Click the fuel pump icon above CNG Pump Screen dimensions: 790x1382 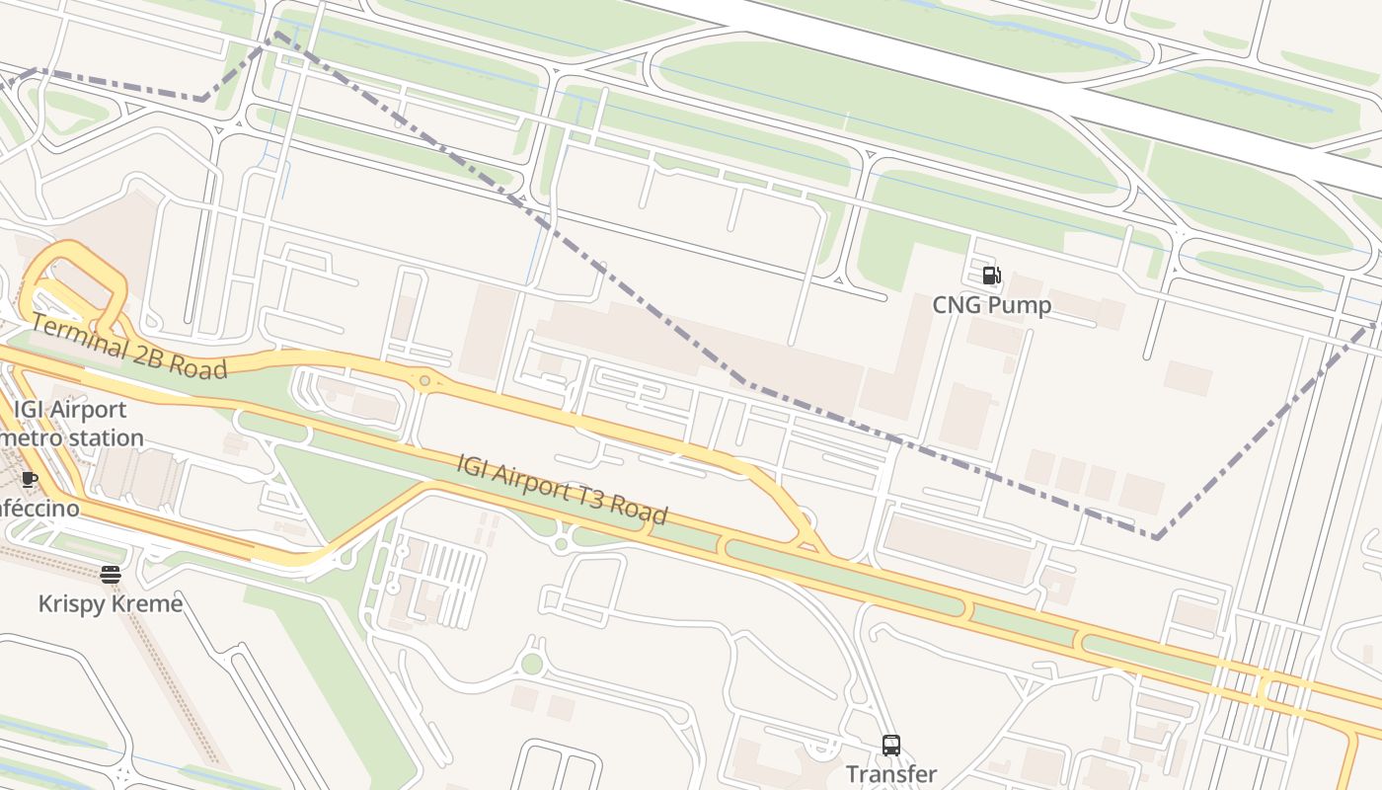coord(991,276)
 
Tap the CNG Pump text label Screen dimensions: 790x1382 coord(991,305)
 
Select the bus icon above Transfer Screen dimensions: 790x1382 coord(890,746)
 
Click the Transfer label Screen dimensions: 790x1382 coord(890,774)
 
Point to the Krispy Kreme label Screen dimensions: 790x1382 coord(110,603)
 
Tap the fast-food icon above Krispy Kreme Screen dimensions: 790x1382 coord(110,575)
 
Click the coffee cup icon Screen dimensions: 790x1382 coord(30,480)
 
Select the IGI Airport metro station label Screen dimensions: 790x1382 coord(71,423)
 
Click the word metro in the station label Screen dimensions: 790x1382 coord(30,437)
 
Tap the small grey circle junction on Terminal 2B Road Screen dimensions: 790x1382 coord(424,380)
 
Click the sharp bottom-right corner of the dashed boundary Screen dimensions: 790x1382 coord(1155,538)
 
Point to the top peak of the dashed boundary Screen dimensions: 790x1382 coord(276,34)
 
